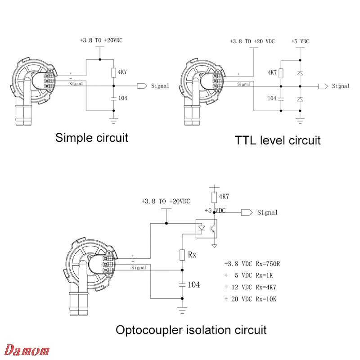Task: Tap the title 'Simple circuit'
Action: point(91,138)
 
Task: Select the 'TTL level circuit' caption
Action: point(278,140)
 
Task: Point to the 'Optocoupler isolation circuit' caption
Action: point(191,330)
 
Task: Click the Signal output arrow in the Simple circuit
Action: point(142,85)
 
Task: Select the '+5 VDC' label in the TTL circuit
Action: point(301,41)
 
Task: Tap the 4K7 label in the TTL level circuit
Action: point(272,72)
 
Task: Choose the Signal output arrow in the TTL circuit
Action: point(322,85)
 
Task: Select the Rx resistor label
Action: point(193,254)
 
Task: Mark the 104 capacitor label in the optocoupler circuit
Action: point(193,284)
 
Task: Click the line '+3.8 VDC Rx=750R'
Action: point(255,264)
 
